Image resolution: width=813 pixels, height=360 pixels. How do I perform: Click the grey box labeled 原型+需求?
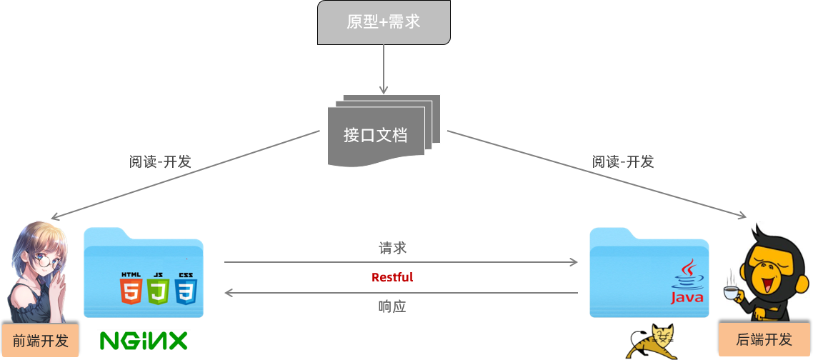[384, 22]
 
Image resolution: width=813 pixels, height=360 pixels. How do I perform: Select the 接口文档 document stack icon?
[383, 132]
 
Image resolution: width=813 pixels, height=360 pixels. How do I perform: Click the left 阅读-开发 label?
[160, 161]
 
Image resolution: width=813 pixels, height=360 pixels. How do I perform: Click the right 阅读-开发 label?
[623, 161]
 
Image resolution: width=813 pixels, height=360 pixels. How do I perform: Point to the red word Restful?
[392, 277]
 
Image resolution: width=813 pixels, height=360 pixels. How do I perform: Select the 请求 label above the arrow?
[392, 249]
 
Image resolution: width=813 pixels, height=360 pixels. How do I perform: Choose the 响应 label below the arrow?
[392, 306]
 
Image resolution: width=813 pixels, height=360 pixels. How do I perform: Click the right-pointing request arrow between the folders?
[400, 262]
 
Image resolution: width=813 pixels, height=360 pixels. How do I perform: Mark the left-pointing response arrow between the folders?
[400, 293]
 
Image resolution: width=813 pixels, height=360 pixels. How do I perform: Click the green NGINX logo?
[144, 341]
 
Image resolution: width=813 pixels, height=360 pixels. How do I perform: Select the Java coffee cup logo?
[687, 282]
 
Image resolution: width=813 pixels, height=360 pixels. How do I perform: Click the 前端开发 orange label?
[36, 341]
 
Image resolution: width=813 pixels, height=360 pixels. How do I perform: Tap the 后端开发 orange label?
[764, 339]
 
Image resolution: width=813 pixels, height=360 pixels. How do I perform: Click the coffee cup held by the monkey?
[732, 293]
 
